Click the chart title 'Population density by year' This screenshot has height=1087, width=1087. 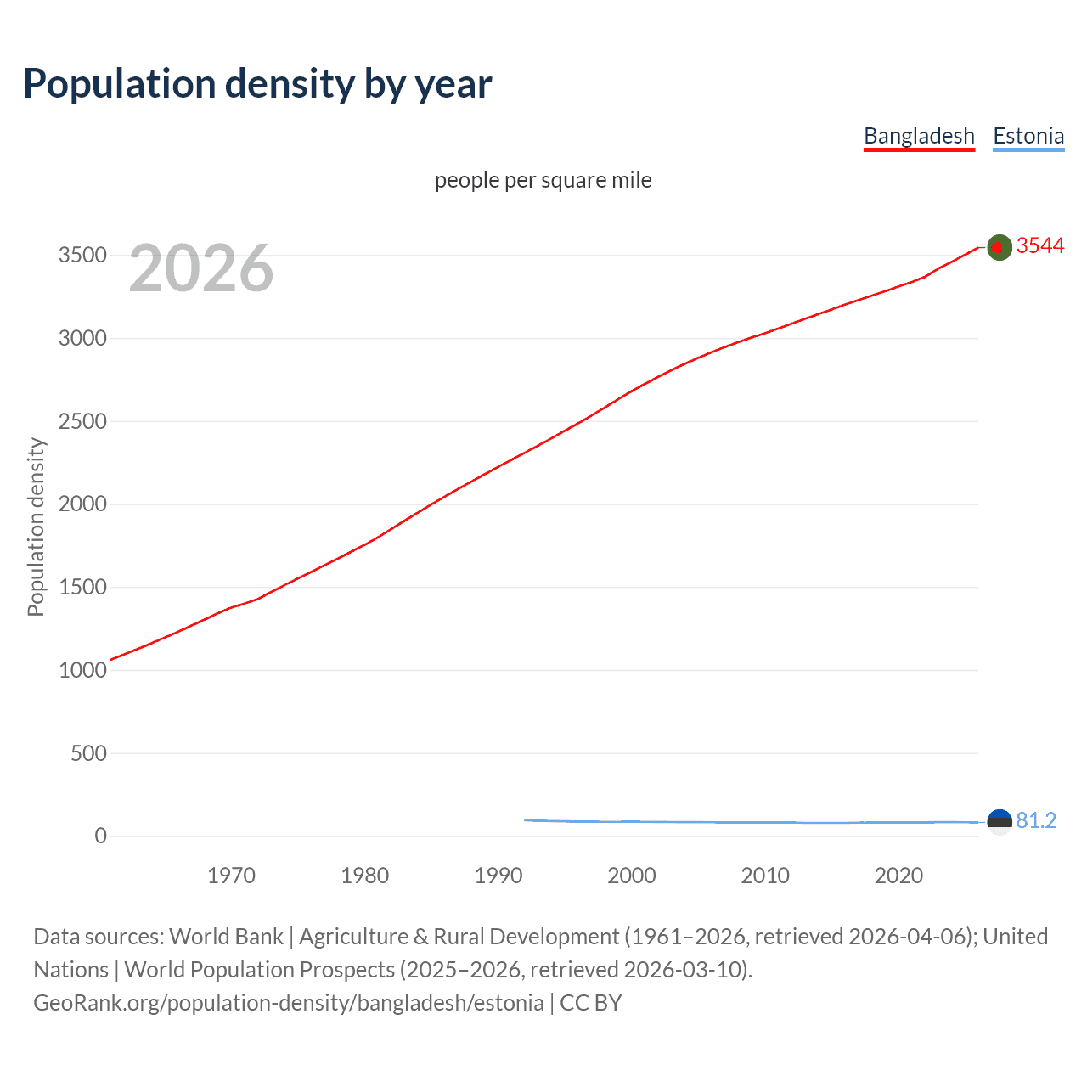(257, 84)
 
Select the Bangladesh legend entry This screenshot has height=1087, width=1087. (919, 136)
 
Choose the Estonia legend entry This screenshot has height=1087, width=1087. (1028, 136)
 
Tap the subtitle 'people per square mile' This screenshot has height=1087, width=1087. (543, 180)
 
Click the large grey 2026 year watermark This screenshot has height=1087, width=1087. (201, 268)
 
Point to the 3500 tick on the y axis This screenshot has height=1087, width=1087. (82, 256)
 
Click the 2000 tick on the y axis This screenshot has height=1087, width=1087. (82, 504)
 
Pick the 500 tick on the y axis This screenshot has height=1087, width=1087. (88, 753)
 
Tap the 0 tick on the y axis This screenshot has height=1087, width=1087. (100, 836)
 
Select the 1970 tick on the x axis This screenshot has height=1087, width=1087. (231, 876)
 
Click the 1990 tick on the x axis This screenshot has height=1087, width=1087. (498, 876)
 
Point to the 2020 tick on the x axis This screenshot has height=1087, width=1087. (898, 876)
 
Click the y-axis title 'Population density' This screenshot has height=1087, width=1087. (36, 527)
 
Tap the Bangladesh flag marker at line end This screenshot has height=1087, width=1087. (1000, 247)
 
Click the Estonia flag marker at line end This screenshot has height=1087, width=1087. (1000, 821)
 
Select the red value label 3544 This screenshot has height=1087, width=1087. (1040, 245)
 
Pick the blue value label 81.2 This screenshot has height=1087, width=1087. (1036, 820)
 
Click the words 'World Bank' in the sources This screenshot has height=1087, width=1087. (226, 937)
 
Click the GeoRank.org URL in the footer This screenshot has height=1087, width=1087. (289, 1003)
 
